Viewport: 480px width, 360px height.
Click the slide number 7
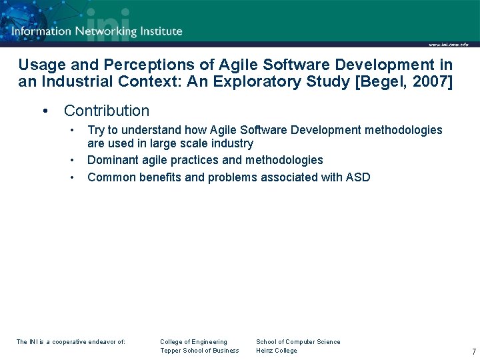473,351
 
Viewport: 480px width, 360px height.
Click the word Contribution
107,111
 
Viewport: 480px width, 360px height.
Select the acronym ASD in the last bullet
357,177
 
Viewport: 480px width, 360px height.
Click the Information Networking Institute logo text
97,31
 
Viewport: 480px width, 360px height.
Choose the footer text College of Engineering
193,342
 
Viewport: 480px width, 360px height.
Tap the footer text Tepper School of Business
199,351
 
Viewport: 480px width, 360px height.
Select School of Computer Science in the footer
298,342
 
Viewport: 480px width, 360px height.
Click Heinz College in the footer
277,351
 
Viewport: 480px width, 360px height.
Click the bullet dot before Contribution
45,111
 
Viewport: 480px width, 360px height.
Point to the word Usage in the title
39,65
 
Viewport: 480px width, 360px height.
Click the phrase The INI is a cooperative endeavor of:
71,342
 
